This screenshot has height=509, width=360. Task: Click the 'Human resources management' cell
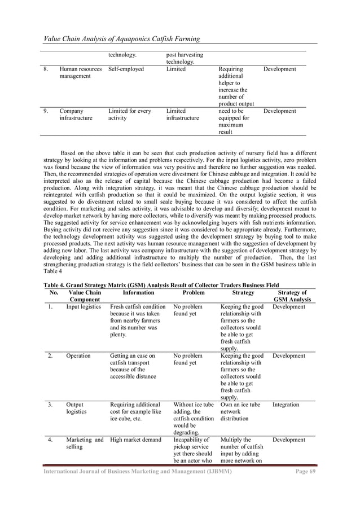point(80,73)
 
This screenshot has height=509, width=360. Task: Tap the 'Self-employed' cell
point(126,69)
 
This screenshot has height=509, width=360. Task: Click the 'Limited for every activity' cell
point(130,115)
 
